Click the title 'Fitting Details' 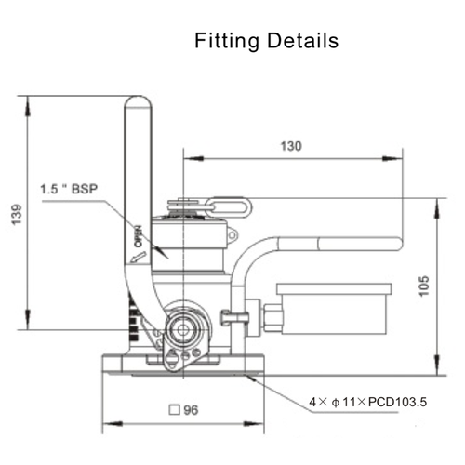click(x=266, y=42)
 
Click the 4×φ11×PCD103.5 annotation click(x=367, y=403)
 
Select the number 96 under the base click(x=190, y=409)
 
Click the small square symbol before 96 click(x=173, y=409)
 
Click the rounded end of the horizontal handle click(x=400, y=244)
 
